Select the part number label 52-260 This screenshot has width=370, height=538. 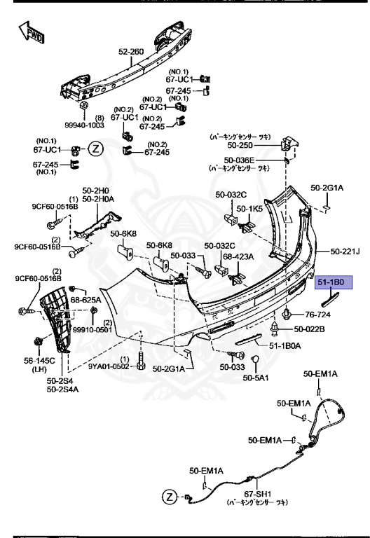(130, 51)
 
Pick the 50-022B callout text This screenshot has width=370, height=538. (309, 329)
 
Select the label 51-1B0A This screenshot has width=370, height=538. (285, 345)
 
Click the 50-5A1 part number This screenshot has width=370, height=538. (256, 378)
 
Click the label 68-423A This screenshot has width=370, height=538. (238, 256)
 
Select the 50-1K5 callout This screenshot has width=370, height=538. (249, 209)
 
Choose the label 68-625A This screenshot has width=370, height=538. (85, 300)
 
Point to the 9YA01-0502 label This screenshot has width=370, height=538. (108, 366)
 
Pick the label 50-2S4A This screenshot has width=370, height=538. (63, 389)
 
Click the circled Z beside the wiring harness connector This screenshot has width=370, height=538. (170, 497)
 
